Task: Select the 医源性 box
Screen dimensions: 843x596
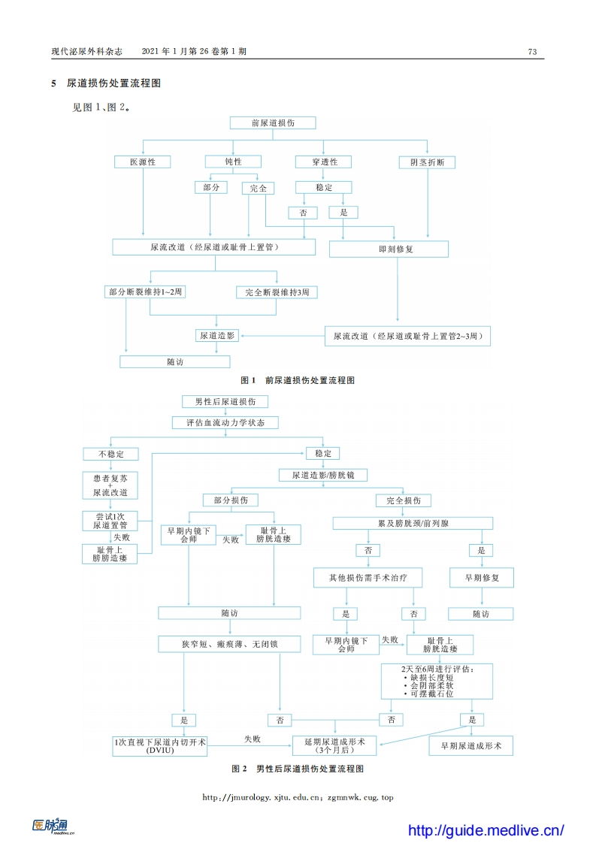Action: (x=143, y=162)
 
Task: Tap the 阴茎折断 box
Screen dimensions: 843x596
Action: (x=427, y=162)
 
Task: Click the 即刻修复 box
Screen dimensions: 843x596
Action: (x=389, y=249)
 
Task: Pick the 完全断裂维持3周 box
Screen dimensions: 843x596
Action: (x=277, y=292)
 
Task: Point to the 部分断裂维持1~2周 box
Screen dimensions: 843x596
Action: (x=144, y=292)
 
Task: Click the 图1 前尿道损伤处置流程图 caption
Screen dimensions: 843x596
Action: (x=297, y=380)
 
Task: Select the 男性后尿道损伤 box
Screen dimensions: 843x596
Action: (x=225, y=402)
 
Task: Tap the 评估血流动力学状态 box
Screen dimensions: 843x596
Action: (x=225, y=423)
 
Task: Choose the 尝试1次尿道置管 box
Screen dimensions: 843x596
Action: (x=110, y=521)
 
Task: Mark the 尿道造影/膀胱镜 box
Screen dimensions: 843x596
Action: (x=323, y=475)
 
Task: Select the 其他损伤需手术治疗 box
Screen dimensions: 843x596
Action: (x=368, y=577)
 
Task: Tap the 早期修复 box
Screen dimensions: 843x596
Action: (x=482, y=577)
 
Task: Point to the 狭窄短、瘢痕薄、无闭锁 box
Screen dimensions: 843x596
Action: (x=230, y=644)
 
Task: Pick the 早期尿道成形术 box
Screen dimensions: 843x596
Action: (x=471, y=745)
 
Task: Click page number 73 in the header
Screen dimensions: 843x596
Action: (x=532, y=52)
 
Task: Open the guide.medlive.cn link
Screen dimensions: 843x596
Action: (x=486, y=830)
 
